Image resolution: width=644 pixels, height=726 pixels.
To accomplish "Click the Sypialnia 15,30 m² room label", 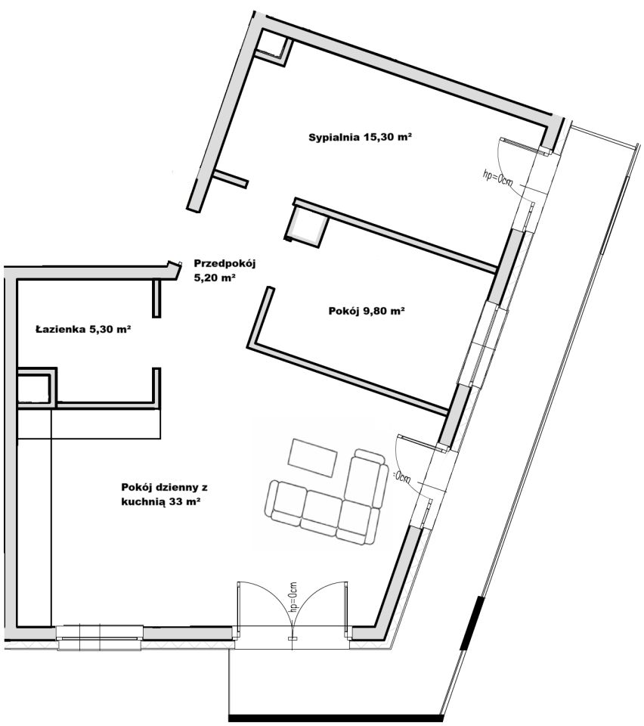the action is (361, 137).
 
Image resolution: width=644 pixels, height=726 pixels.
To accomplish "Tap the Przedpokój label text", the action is (224, 264).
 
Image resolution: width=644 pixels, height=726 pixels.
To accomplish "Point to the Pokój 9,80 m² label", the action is (367, 311).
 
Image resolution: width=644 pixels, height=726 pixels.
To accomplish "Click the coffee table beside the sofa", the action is (312, 458).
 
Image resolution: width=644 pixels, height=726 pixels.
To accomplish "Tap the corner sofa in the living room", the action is (327, 497).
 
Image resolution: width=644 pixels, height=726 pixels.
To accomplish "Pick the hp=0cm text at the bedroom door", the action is (497, 178).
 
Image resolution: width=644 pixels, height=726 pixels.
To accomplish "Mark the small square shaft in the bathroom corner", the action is (34, 388).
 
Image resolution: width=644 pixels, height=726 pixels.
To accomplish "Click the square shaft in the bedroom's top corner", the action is (273, 45).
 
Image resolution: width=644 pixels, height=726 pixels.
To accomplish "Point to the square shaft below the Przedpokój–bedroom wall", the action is (306, 226).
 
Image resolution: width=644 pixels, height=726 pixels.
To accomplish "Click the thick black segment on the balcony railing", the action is (472, 622).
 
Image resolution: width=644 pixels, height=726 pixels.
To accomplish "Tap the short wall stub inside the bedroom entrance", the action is (231, 178).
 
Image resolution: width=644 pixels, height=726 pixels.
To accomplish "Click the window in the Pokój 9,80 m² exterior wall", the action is (485, 344).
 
